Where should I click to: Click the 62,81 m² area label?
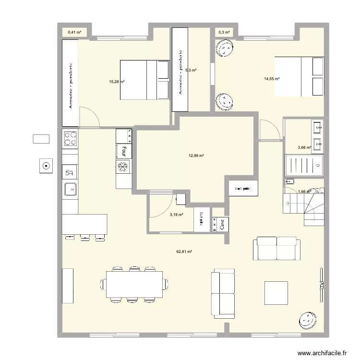point(183,252)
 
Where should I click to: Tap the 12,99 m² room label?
point(196,156)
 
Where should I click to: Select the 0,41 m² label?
point(74,33)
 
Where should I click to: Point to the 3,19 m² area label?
point(176,215)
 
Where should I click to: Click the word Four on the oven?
point(124,151)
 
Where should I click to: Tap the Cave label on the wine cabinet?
point(222,224)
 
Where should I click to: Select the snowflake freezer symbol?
point(123,167)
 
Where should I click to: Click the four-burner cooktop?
point(71,139)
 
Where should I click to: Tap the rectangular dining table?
point(134,284)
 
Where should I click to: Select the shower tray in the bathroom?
point(303,166)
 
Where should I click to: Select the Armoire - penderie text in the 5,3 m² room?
point(180,72)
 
